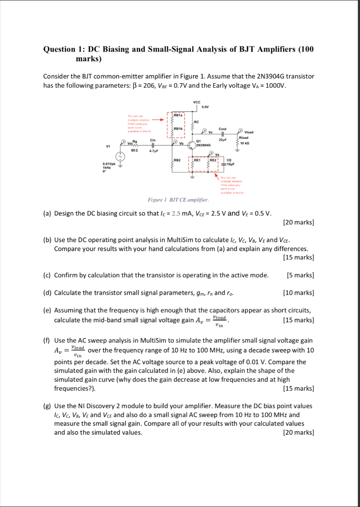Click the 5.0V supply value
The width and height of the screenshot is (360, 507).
[x=204, y=107]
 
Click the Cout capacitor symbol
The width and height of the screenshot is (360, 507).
[x=223, y=134]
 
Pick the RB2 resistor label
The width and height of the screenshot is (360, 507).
[x=177, y=160]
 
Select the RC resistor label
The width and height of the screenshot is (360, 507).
[x=197, y=121]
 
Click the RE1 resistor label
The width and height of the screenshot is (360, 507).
[x=197, y=160]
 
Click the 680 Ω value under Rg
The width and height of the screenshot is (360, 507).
[x=134, y=151]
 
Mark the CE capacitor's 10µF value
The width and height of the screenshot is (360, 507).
[x=230, y=164]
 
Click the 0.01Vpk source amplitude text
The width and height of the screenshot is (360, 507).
[x=109, y=163]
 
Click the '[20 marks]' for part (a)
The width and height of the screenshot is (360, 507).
[x=298, y=222]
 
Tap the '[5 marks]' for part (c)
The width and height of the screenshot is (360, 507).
[x=300, y=275]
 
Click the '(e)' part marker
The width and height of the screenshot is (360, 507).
[x=48, y=310]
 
